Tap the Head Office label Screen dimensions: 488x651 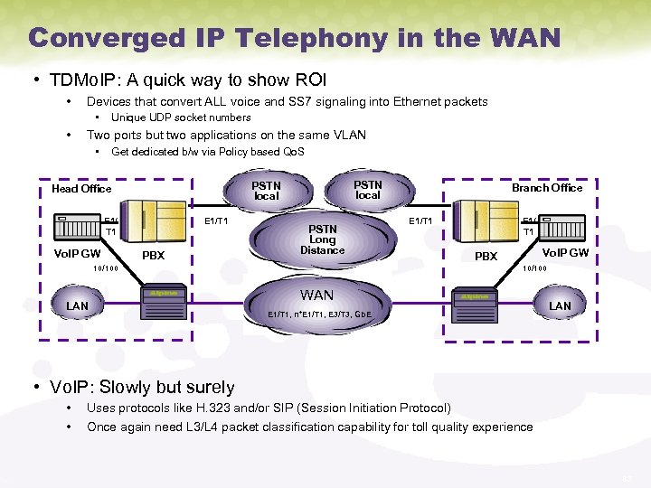click(x=81, y=188)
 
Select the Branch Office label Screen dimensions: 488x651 click(x=547, y=187)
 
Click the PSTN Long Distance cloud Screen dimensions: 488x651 click(x=323, y=239)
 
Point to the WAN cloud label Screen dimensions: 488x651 click(x=316, y=295)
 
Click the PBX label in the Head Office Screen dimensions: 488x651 click(x=154, y=256)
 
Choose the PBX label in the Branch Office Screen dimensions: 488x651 click(x=486, y=257)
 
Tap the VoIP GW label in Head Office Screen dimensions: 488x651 click(x=78, y=254)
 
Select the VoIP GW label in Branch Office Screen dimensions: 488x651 click(x=565, y=253)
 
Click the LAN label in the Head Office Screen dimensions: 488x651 click(x=78, y=306)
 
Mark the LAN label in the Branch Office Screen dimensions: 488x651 click(x=561, y=305)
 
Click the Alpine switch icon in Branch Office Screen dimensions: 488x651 click(x=476, y=296)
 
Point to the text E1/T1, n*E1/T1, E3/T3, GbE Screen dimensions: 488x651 click(x=319, y=314)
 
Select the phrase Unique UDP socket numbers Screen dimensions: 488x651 click(x=181, y=117)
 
